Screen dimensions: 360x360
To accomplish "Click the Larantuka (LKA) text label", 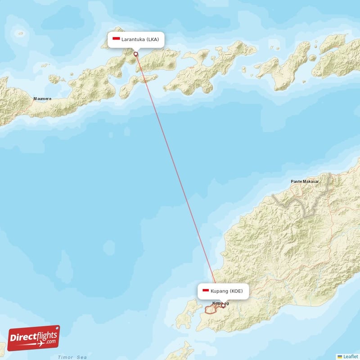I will point(140,39).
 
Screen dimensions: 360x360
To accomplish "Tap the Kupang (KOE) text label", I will point(226,291).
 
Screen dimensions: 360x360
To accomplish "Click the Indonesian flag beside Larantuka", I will point(116,39).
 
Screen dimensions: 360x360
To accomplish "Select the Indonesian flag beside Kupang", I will point(205,291).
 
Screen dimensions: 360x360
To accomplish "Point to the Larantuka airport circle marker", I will point(136,54).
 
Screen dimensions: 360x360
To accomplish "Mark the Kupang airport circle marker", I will point(223,306).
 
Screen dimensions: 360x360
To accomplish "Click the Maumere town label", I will point(42,99).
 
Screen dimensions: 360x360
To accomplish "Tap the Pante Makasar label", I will point(305,181).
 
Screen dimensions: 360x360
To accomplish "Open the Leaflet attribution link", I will point(350,356).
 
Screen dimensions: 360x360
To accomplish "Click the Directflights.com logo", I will point(34,338).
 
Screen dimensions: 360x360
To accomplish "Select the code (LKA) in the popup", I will point(152,39).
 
